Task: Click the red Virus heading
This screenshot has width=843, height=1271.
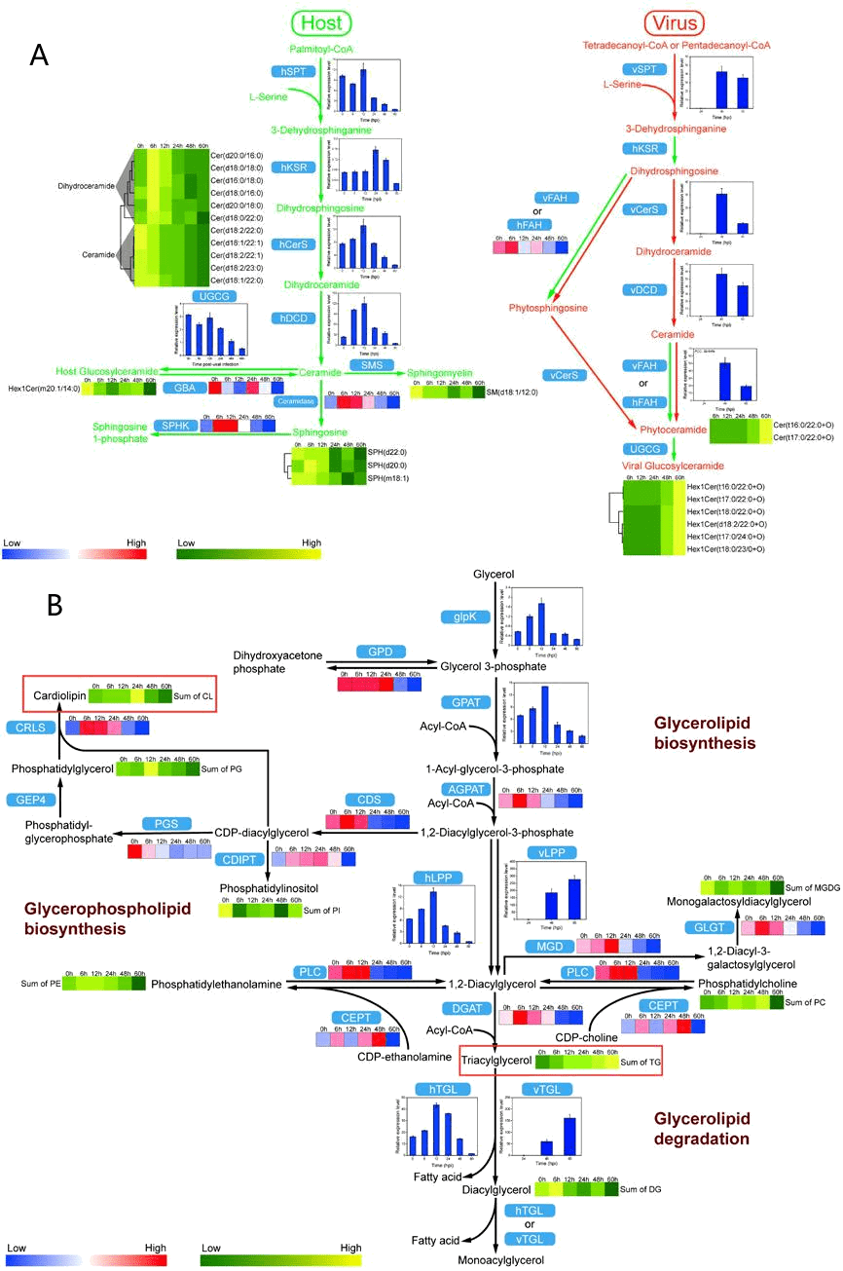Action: pos(673,22)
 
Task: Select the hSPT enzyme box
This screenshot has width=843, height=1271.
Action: pos(289,71)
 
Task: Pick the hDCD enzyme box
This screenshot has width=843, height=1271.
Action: pos(289,318)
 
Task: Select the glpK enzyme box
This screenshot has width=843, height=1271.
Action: pos(458,617)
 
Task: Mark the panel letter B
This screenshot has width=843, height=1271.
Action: pos(55,605)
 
